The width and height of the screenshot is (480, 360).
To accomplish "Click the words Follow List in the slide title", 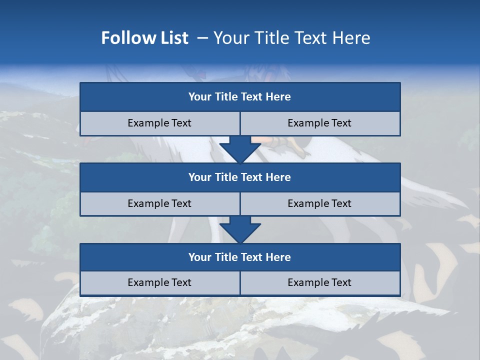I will (x=144, y=38).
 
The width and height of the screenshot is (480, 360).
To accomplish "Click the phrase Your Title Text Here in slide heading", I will (x=291, y=38).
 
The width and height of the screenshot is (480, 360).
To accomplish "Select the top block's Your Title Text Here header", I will (x=239, y=97).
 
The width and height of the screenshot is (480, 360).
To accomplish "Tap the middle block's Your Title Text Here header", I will (x=239, y=177).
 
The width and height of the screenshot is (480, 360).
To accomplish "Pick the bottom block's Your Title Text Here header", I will (x=239, y=257).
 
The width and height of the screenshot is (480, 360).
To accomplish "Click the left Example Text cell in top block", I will (x=159, y=123).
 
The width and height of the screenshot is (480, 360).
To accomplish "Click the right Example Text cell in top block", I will (x=319, y=123).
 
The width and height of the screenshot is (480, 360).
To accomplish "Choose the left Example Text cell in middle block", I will (x=159, y=203).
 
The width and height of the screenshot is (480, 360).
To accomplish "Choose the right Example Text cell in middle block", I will (x=319, y=203).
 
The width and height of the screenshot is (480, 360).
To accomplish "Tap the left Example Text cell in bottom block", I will (x=159, y=282).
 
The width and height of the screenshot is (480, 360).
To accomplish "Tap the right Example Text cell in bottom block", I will (x=319, y=282).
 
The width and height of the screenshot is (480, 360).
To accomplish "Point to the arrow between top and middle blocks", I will (x=240, y=149).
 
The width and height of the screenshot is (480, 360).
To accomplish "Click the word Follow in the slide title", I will (x=125, y=38).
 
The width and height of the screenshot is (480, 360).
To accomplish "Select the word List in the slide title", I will (x=172, y=38).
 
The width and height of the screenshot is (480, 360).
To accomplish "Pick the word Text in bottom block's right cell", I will (x=340, y=282).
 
